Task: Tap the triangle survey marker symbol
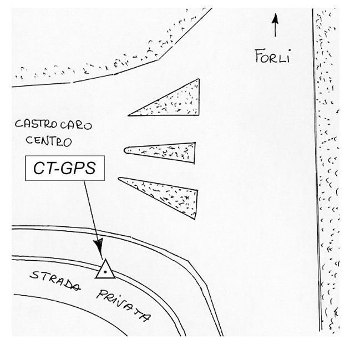click(104, 270)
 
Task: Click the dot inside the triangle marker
click(104, 272)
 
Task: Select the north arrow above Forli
click(275, 26)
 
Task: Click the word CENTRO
click(48, 141)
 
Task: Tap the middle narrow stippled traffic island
click(166, 151)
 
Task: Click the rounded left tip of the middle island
click(126, 149)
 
